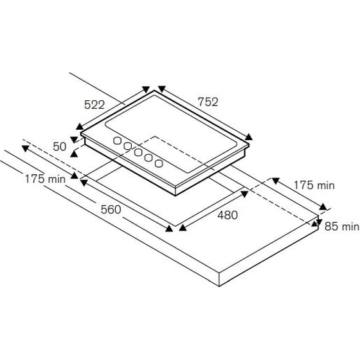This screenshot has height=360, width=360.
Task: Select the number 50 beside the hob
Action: (60, 147)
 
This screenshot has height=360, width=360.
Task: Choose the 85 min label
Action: (341, 226)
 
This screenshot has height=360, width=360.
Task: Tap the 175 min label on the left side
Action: (46, 179)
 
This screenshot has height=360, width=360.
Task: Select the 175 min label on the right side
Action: (314, 185)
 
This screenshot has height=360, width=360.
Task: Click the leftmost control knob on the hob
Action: (118, 141)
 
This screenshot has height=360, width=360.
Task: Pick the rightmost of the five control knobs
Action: (158, 163)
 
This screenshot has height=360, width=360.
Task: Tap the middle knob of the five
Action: (138, 152)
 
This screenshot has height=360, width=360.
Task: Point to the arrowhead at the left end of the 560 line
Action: (82, 182)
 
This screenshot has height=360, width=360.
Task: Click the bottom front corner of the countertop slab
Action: (220, 285)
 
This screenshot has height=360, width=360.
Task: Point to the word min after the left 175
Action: (55, 179)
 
